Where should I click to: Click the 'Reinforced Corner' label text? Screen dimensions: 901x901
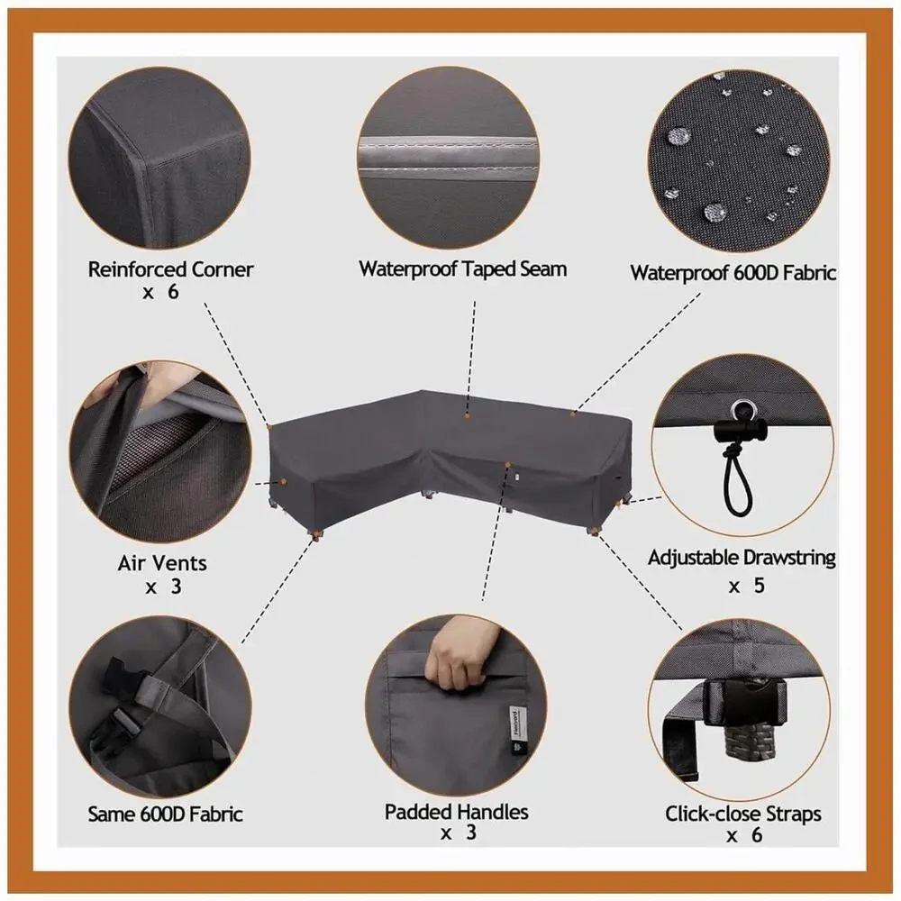pyautogui.click(x=170, y=268)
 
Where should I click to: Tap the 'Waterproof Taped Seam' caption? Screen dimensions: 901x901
pyautogui.click(x=462, y=268)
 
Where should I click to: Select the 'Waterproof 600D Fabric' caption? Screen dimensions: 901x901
pyautogui.click(x=733, y=272)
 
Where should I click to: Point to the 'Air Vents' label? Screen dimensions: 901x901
pyautogui.click(x=162, y=562)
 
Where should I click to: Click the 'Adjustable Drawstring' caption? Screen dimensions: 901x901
pyautogui.click(x=742, y=558)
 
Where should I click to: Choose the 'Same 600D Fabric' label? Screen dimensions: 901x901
pyautogui.click(x=165, y=814)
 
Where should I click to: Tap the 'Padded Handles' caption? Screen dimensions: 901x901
pyautogui.click(x=457, y=812)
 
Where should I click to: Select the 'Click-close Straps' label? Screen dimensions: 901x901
pyautogui.click(x=743, y=814)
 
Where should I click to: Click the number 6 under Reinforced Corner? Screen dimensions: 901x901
pyautogui.click(x=174, y=292)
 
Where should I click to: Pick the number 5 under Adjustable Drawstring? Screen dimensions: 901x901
pyautogui.click(x=759, y=586)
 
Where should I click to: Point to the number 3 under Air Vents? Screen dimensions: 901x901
pyautogui.click(x=176, y=587)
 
